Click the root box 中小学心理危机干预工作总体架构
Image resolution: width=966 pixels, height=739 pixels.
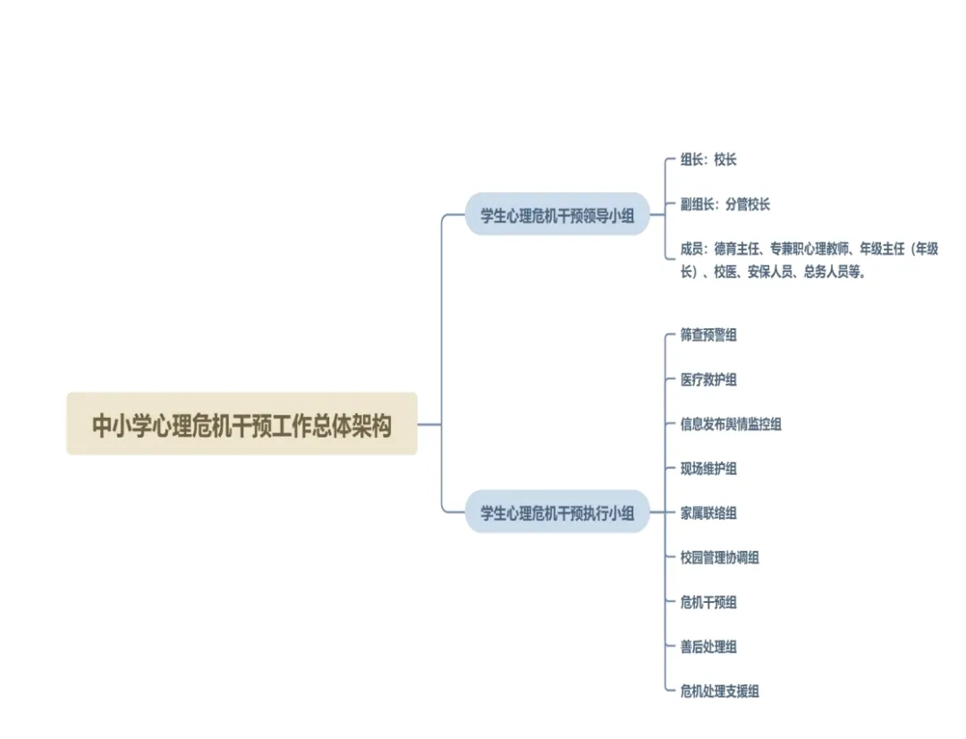[241, 424]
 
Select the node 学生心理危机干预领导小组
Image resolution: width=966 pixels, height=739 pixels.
[557, 215]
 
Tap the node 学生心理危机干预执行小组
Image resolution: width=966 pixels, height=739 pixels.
[557, 513]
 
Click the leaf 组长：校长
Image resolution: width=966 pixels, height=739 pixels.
[708, 160]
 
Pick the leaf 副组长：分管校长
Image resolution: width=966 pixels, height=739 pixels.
[724, 205]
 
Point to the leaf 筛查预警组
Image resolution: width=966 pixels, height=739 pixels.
[708, 336]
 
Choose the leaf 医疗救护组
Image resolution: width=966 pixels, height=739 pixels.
[708, 379]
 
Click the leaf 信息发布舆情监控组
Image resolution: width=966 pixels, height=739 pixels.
[731, 424]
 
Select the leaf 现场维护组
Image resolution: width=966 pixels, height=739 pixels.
[708, 469]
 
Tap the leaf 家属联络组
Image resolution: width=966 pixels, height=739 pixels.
[708, 514]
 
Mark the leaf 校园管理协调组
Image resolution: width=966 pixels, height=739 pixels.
[719, 557]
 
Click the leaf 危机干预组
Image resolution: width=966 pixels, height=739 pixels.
[708, 602]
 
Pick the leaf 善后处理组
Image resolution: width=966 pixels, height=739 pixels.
[708, 647]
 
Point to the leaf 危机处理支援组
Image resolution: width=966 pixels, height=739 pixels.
[719, 692]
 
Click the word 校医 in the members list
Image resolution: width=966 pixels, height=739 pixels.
[724, 272]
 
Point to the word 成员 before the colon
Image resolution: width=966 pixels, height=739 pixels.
[692, 250]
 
